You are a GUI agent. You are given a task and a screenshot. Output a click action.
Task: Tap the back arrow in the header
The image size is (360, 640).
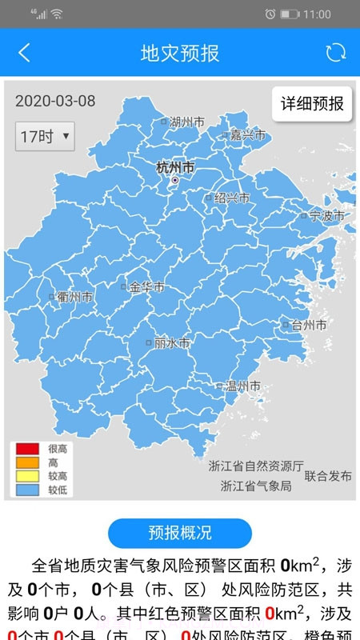pos(24,53)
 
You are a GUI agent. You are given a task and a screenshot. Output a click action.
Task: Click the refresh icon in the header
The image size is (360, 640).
pos(335,53)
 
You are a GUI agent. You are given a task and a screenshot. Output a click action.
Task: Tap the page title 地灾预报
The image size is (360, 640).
pos(179,53)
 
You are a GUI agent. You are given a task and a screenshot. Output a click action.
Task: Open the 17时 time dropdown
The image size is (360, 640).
pos(44,136)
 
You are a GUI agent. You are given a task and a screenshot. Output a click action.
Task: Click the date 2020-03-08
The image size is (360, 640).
pos(55,101)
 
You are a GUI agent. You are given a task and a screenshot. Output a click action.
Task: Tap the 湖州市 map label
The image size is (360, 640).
pos(186,122)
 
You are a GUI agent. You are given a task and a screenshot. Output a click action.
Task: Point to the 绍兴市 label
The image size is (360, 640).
pos(231,198)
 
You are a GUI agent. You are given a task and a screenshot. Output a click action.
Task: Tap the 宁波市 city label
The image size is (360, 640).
pos(326,215)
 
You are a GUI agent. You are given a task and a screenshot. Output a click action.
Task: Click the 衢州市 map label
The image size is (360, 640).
pos(75,297)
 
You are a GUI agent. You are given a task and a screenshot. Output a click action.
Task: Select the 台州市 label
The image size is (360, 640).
pos(308,325)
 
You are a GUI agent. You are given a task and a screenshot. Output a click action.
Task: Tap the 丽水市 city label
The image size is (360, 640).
pos(172,342)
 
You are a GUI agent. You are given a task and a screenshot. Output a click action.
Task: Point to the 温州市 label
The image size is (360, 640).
pos(242,386)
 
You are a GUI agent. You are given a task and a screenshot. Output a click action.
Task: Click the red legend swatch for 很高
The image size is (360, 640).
pos(27,449)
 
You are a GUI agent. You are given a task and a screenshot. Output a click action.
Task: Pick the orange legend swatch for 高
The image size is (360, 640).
pos(27,462)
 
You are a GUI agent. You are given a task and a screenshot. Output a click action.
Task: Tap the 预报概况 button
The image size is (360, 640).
pos(180,533)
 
